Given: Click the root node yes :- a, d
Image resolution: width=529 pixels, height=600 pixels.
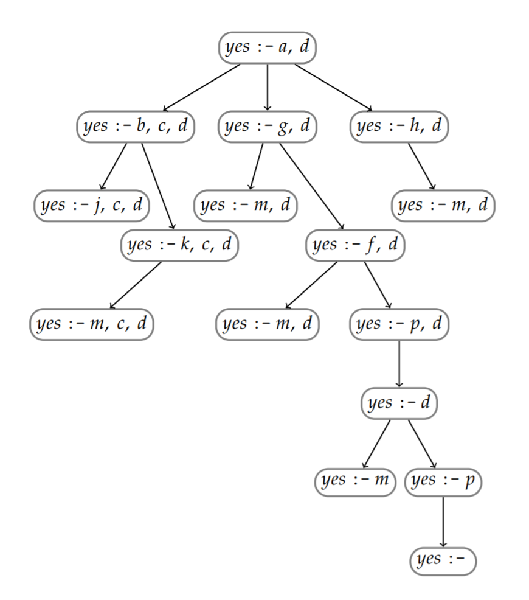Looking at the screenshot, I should pos(268,47).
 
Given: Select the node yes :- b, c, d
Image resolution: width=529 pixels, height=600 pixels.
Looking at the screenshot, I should pos(135,127).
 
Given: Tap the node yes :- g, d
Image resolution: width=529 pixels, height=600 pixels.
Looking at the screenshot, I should pos(268,127).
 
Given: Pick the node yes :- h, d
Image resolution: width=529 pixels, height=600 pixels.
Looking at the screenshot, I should pos(399,127).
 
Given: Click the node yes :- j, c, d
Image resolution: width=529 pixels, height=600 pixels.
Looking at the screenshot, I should pos(92,206).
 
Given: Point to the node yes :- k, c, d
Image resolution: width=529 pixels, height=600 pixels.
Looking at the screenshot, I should pos(179,245).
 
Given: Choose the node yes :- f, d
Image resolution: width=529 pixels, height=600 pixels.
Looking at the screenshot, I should pos(355,245).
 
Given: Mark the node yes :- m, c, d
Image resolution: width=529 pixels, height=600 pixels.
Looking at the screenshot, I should pos(91,324).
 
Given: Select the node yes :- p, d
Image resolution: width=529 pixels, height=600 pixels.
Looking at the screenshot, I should pos(399,324).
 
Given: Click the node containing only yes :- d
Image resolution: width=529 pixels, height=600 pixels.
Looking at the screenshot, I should pos(399,403).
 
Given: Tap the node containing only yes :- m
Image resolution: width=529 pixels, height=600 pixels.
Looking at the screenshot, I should pos(355,481).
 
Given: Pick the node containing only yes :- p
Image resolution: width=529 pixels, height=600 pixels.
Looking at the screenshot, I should pos(443,481).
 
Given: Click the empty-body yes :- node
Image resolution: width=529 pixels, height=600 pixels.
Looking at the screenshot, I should pos(443,560).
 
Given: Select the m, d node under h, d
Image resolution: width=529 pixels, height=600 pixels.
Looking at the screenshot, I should pos(443,206).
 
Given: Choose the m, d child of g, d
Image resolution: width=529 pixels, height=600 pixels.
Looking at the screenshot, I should pos(246,206).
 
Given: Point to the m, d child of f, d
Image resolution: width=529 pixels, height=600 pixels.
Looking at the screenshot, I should pos(268,324).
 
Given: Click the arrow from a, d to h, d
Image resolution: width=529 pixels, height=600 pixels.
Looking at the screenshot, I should pos(333,87).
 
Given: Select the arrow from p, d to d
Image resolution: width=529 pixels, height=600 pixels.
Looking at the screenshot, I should pos(399,363).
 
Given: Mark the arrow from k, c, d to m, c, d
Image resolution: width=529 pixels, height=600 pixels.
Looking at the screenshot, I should pos(136,285).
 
